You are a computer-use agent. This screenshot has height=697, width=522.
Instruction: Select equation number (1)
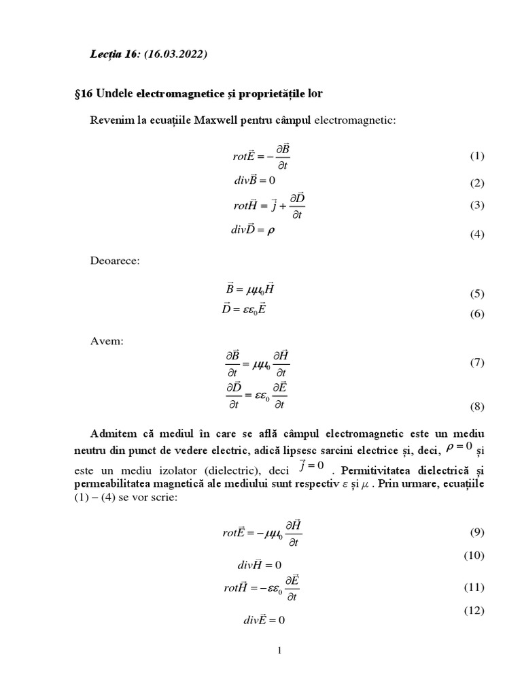pyautogui.click(x=476, y=156)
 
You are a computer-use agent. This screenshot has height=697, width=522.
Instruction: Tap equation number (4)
pyautogui.click(x=476, y=235)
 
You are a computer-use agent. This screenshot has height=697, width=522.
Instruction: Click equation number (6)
pyautogui.click(x=476, y=314)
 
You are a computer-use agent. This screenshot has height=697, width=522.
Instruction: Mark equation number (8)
pyautogui.click(x=476, y=407)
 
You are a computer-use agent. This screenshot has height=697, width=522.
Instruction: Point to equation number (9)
pyautogui.click(x=476, y=532)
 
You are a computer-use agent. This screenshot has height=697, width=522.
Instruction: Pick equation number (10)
pyautogui.click(x=474, y=555)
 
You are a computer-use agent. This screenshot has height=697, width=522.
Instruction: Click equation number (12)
pyautogui.click(x=474, y=611)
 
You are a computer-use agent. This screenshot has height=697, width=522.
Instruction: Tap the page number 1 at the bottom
pyautogui.click(x=279, y=651)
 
